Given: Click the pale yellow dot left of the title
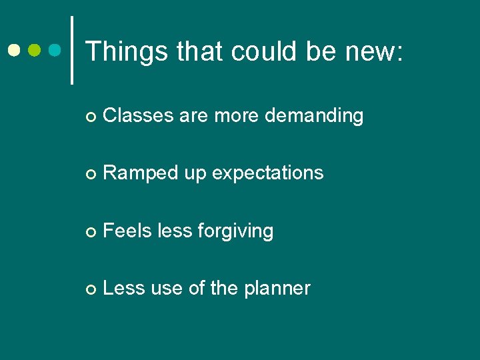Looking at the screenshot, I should point(14,50).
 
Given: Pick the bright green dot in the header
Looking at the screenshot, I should point(35,50).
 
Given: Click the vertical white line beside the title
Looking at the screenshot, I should point(72,50).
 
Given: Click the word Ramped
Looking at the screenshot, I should point(141,173).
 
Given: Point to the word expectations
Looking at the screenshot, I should point(268,173).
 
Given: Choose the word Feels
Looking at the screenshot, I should point(128,231).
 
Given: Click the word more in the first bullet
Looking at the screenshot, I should point(236,115).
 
